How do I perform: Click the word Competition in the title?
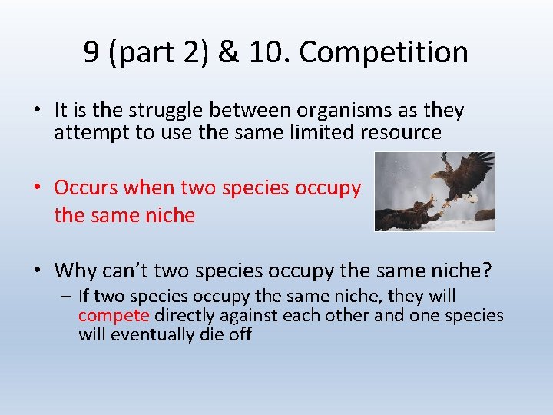click(x=383, y=52)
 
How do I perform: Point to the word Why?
click(x=75, y=271)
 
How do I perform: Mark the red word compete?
click(x=114, y=315)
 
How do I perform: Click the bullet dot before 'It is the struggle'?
click(x=38, y=111)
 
